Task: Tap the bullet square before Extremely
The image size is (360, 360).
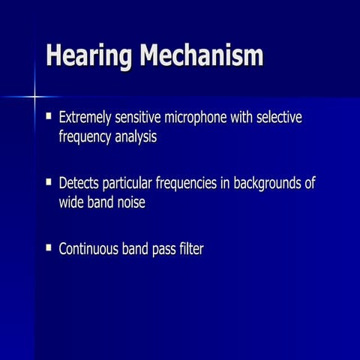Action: (x=49, y=117)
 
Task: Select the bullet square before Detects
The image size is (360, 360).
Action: (x=49, y=182)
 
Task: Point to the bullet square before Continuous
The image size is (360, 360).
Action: (x=49, y=247)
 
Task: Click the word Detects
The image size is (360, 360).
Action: (x=79, y=183)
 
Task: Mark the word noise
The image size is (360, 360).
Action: (x=129, y=202)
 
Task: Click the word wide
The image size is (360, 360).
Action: (x=72, y=202)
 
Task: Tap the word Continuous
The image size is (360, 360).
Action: (x=89, y=248)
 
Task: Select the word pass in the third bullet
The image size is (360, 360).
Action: (x=160, y=249)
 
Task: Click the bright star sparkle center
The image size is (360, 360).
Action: (x=35, y=96)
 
